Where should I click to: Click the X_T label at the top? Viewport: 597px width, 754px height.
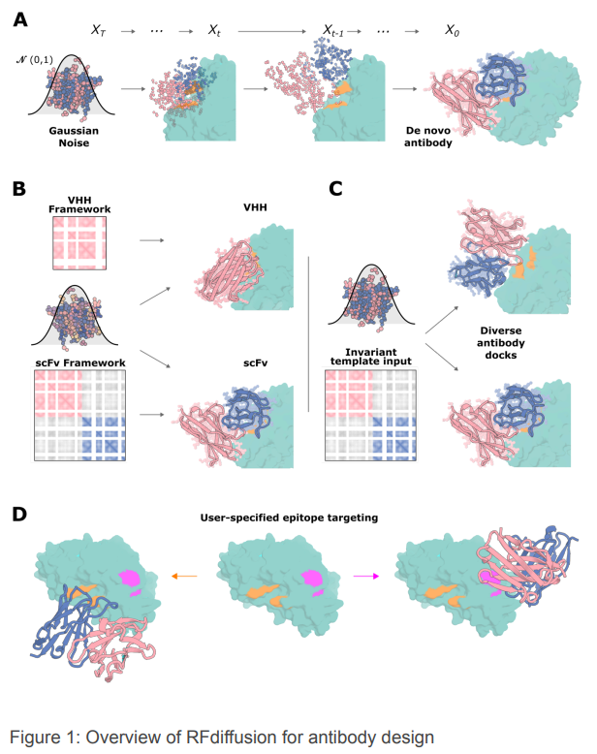[99, 32]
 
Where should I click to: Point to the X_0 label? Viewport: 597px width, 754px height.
[453, 32]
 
